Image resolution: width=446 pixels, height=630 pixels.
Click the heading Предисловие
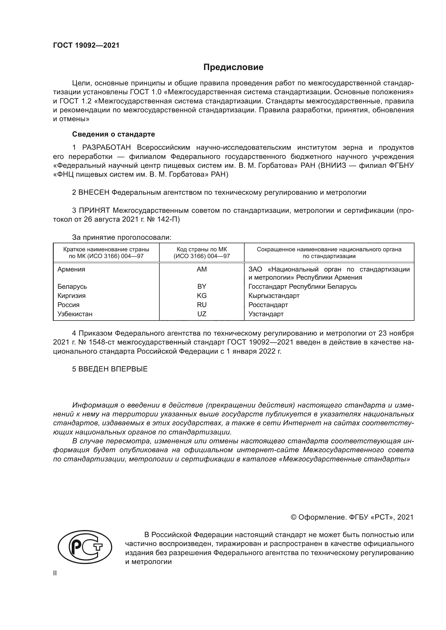233,67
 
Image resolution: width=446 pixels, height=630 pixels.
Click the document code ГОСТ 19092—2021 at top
86,46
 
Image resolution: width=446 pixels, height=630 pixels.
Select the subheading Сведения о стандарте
114,134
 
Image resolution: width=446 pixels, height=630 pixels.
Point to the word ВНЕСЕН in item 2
94,192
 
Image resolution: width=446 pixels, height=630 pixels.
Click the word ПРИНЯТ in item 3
94,210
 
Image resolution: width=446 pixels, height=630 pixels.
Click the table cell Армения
71,269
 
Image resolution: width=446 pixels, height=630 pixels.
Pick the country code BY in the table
202,287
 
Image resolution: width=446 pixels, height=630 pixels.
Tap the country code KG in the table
202,295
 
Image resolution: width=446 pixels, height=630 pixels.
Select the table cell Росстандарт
268,305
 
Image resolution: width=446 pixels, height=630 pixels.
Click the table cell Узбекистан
75,314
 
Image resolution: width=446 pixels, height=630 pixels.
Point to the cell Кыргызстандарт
274,295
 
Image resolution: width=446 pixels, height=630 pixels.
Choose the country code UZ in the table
202,314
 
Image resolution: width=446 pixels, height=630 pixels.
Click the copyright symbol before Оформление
293,517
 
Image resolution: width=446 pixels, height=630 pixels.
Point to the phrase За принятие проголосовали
122,237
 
